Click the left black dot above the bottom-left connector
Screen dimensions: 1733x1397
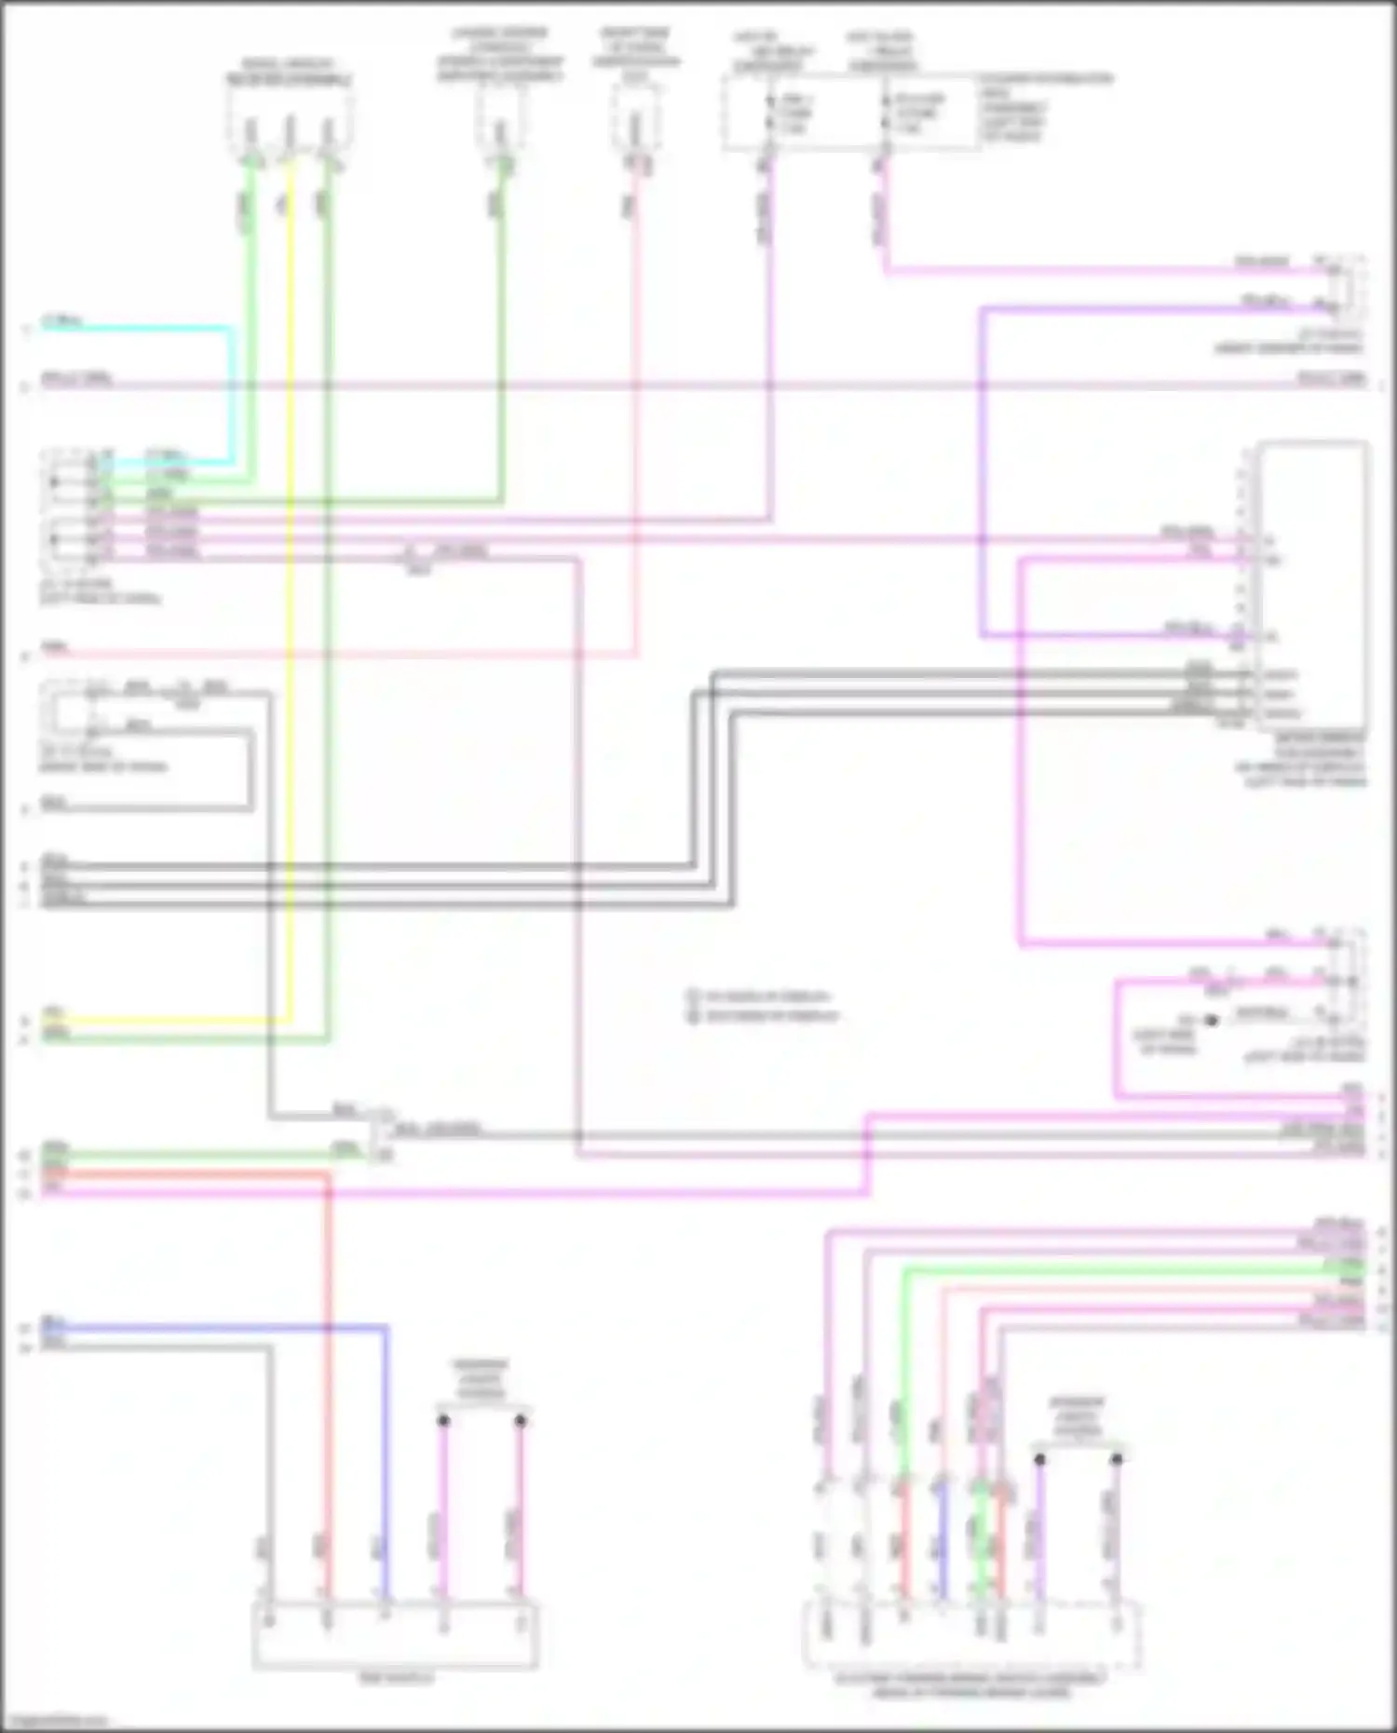click(x=444, y=1420)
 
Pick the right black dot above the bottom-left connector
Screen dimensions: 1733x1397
click(x=521, y=1420)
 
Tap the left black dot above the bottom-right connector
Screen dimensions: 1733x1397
click(x=1039, y=1458)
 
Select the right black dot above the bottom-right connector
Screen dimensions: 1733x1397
click(x=1117, y=1458)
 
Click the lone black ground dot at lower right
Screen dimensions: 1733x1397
click(x=1212, y=1021)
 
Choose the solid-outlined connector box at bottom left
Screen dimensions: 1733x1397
click(x=395, y=1635)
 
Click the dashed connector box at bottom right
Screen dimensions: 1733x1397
click(x=971, y=1635)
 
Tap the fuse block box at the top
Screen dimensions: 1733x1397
click(x=851, y=113)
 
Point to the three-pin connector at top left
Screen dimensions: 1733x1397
click(x=290, y=119)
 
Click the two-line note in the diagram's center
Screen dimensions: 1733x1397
click(x=764, y=1006)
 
